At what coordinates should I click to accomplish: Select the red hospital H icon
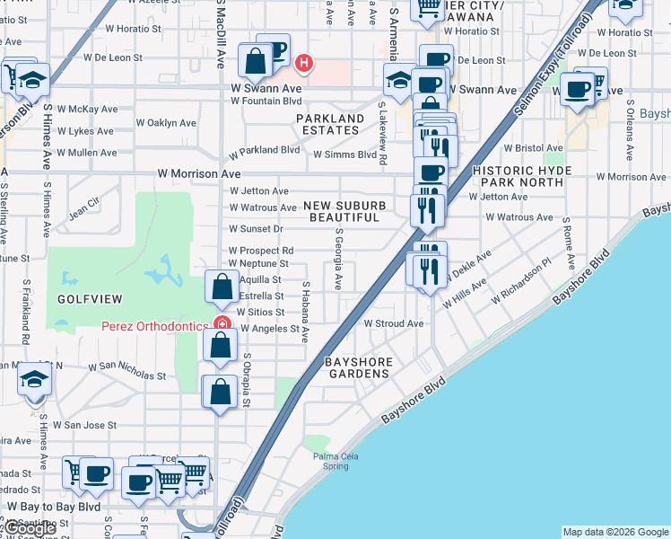click(x=305, y=63)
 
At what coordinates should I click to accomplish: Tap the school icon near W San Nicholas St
click(x=35, y=381)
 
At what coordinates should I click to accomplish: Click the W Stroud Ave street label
click(x=393, y=323)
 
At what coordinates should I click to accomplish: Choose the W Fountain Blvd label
click(x=266, y=101)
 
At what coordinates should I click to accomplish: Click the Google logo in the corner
click(x=30, y=528)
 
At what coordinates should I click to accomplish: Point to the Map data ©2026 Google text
click(x=614, y=532)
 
